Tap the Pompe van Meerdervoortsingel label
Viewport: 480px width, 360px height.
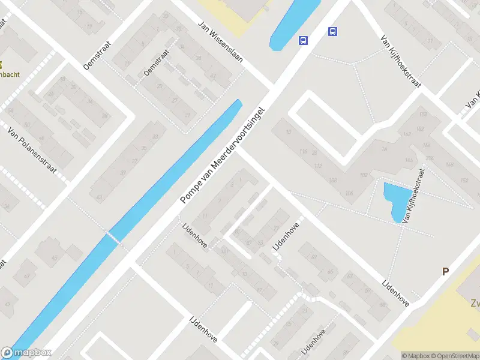point(224,157)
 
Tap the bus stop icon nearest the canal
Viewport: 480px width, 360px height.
point(304,41)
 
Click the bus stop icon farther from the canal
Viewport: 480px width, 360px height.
point(332,32)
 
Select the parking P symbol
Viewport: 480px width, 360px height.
point(445,271)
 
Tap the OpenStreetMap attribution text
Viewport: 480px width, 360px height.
point(454,356)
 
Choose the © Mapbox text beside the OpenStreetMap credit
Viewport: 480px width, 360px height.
point(415,356)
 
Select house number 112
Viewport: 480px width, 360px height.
point(318,166)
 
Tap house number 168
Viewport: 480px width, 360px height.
point(422,114)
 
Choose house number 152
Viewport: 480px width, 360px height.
point(463,180)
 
